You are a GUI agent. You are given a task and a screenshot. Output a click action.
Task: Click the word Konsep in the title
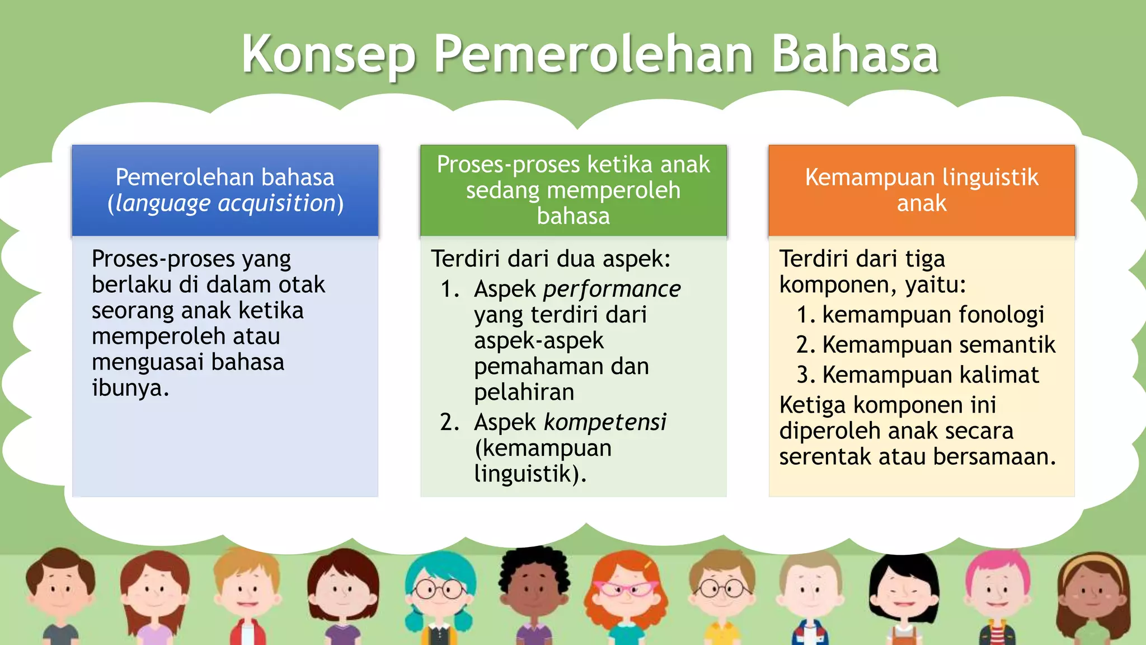[328, 54]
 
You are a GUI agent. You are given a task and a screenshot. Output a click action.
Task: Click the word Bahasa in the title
[854, 54]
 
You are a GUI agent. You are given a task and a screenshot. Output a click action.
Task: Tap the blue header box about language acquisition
[225, 190]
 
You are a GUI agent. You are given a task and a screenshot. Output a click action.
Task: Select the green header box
[573, 190]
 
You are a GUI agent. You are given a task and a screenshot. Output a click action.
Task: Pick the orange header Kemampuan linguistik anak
[922, 190]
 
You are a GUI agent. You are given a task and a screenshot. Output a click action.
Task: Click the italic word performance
[612, 289]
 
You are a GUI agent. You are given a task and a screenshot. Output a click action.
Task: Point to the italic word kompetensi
[605, 422]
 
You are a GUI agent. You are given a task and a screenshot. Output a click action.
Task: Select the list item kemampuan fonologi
[933, 315]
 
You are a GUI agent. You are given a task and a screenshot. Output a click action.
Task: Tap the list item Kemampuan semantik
[938, 345]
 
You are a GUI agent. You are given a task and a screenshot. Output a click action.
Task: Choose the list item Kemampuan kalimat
[930, 375]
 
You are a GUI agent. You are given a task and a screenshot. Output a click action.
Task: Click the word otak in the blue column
[303, 284]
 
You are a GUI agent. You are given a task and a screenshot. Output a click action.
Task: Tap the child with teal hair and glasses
[440, 593]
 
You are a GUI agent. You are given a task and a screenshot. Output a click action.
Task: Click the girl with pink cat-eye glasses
[626, 593]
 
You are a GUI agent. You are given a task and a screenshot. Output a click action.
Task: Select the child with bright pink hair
[997, 593]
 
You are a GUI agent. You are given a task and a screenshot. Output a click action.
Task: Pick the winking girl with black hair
[904, 593]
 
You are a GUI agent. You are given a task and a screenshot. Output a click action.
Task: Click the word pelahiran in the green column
[524, 392]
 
